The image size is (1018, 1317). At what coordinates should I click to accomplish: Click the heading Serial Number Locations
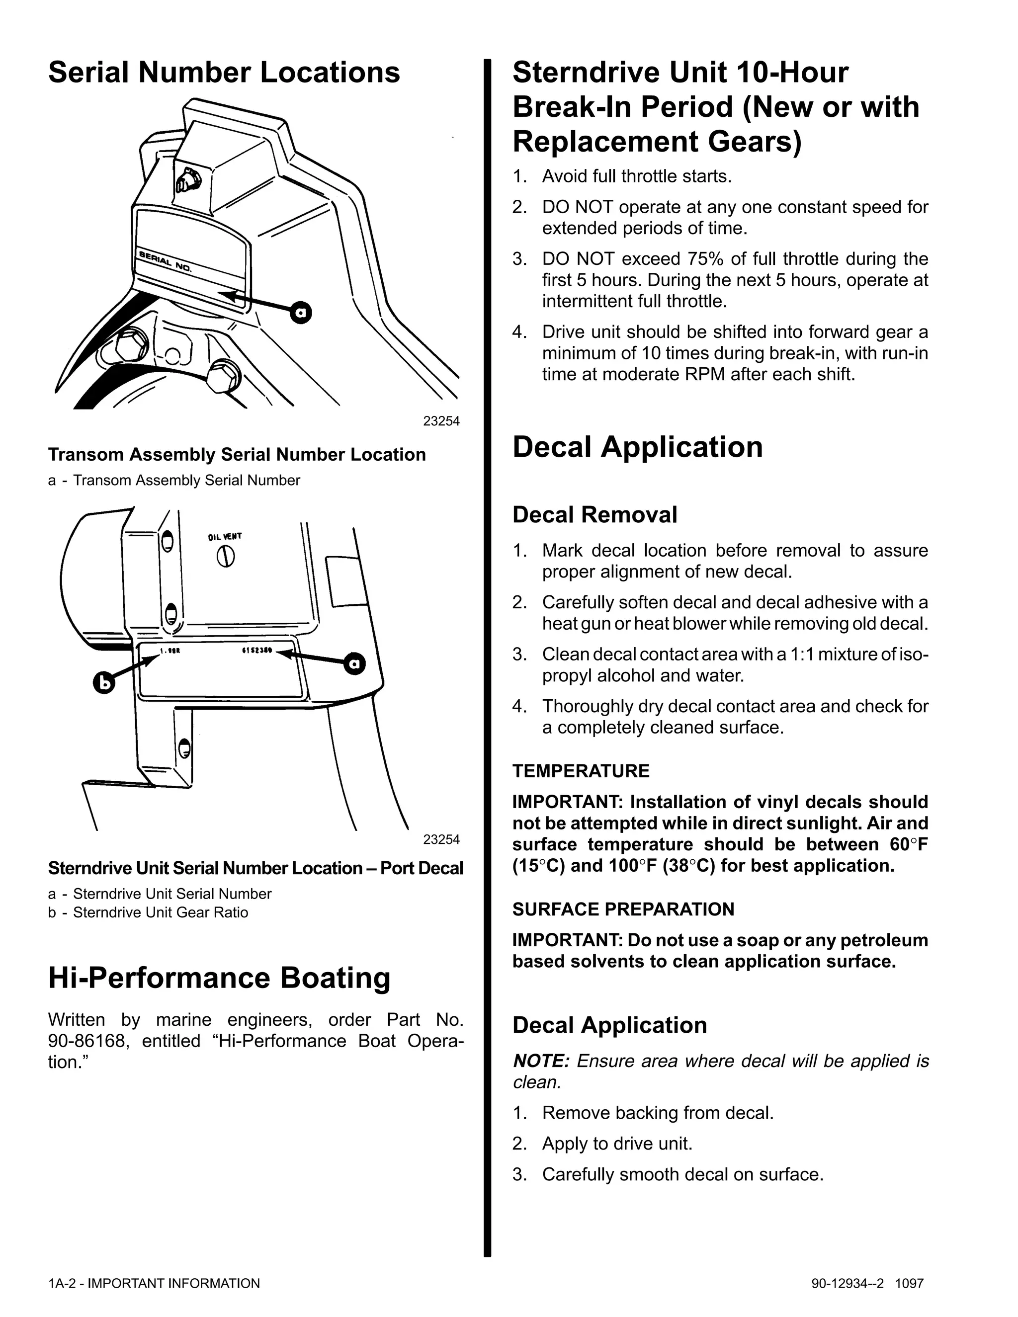coord(224,73)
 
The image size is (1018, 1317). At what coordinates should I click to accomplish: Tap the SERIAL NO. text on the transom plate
coord(165,261)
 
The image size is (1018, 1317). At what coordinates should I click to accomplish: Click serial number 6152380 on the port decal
coord(257,651)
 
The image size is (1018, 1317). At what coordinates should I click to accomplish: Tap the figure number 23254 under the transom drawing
coord(441,421)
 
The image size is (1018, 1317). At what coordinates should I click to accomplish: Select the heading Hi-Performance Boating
coord(219,978)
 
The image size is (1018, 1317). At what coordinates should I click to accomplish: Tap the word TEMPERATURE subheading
coord(581,771)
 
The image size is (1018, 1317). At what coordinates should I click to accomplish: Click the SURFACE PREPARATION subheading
coord(623,909)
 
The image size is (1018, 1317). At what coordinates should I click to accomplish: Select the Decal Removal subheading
coord(594,515)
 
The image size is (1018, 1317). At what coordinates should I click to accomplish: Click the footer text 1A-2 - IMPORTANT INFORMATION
coord(154,1284)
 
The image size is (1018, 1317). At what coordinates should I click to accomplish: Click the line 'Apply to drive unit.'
coord(617,1144)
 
